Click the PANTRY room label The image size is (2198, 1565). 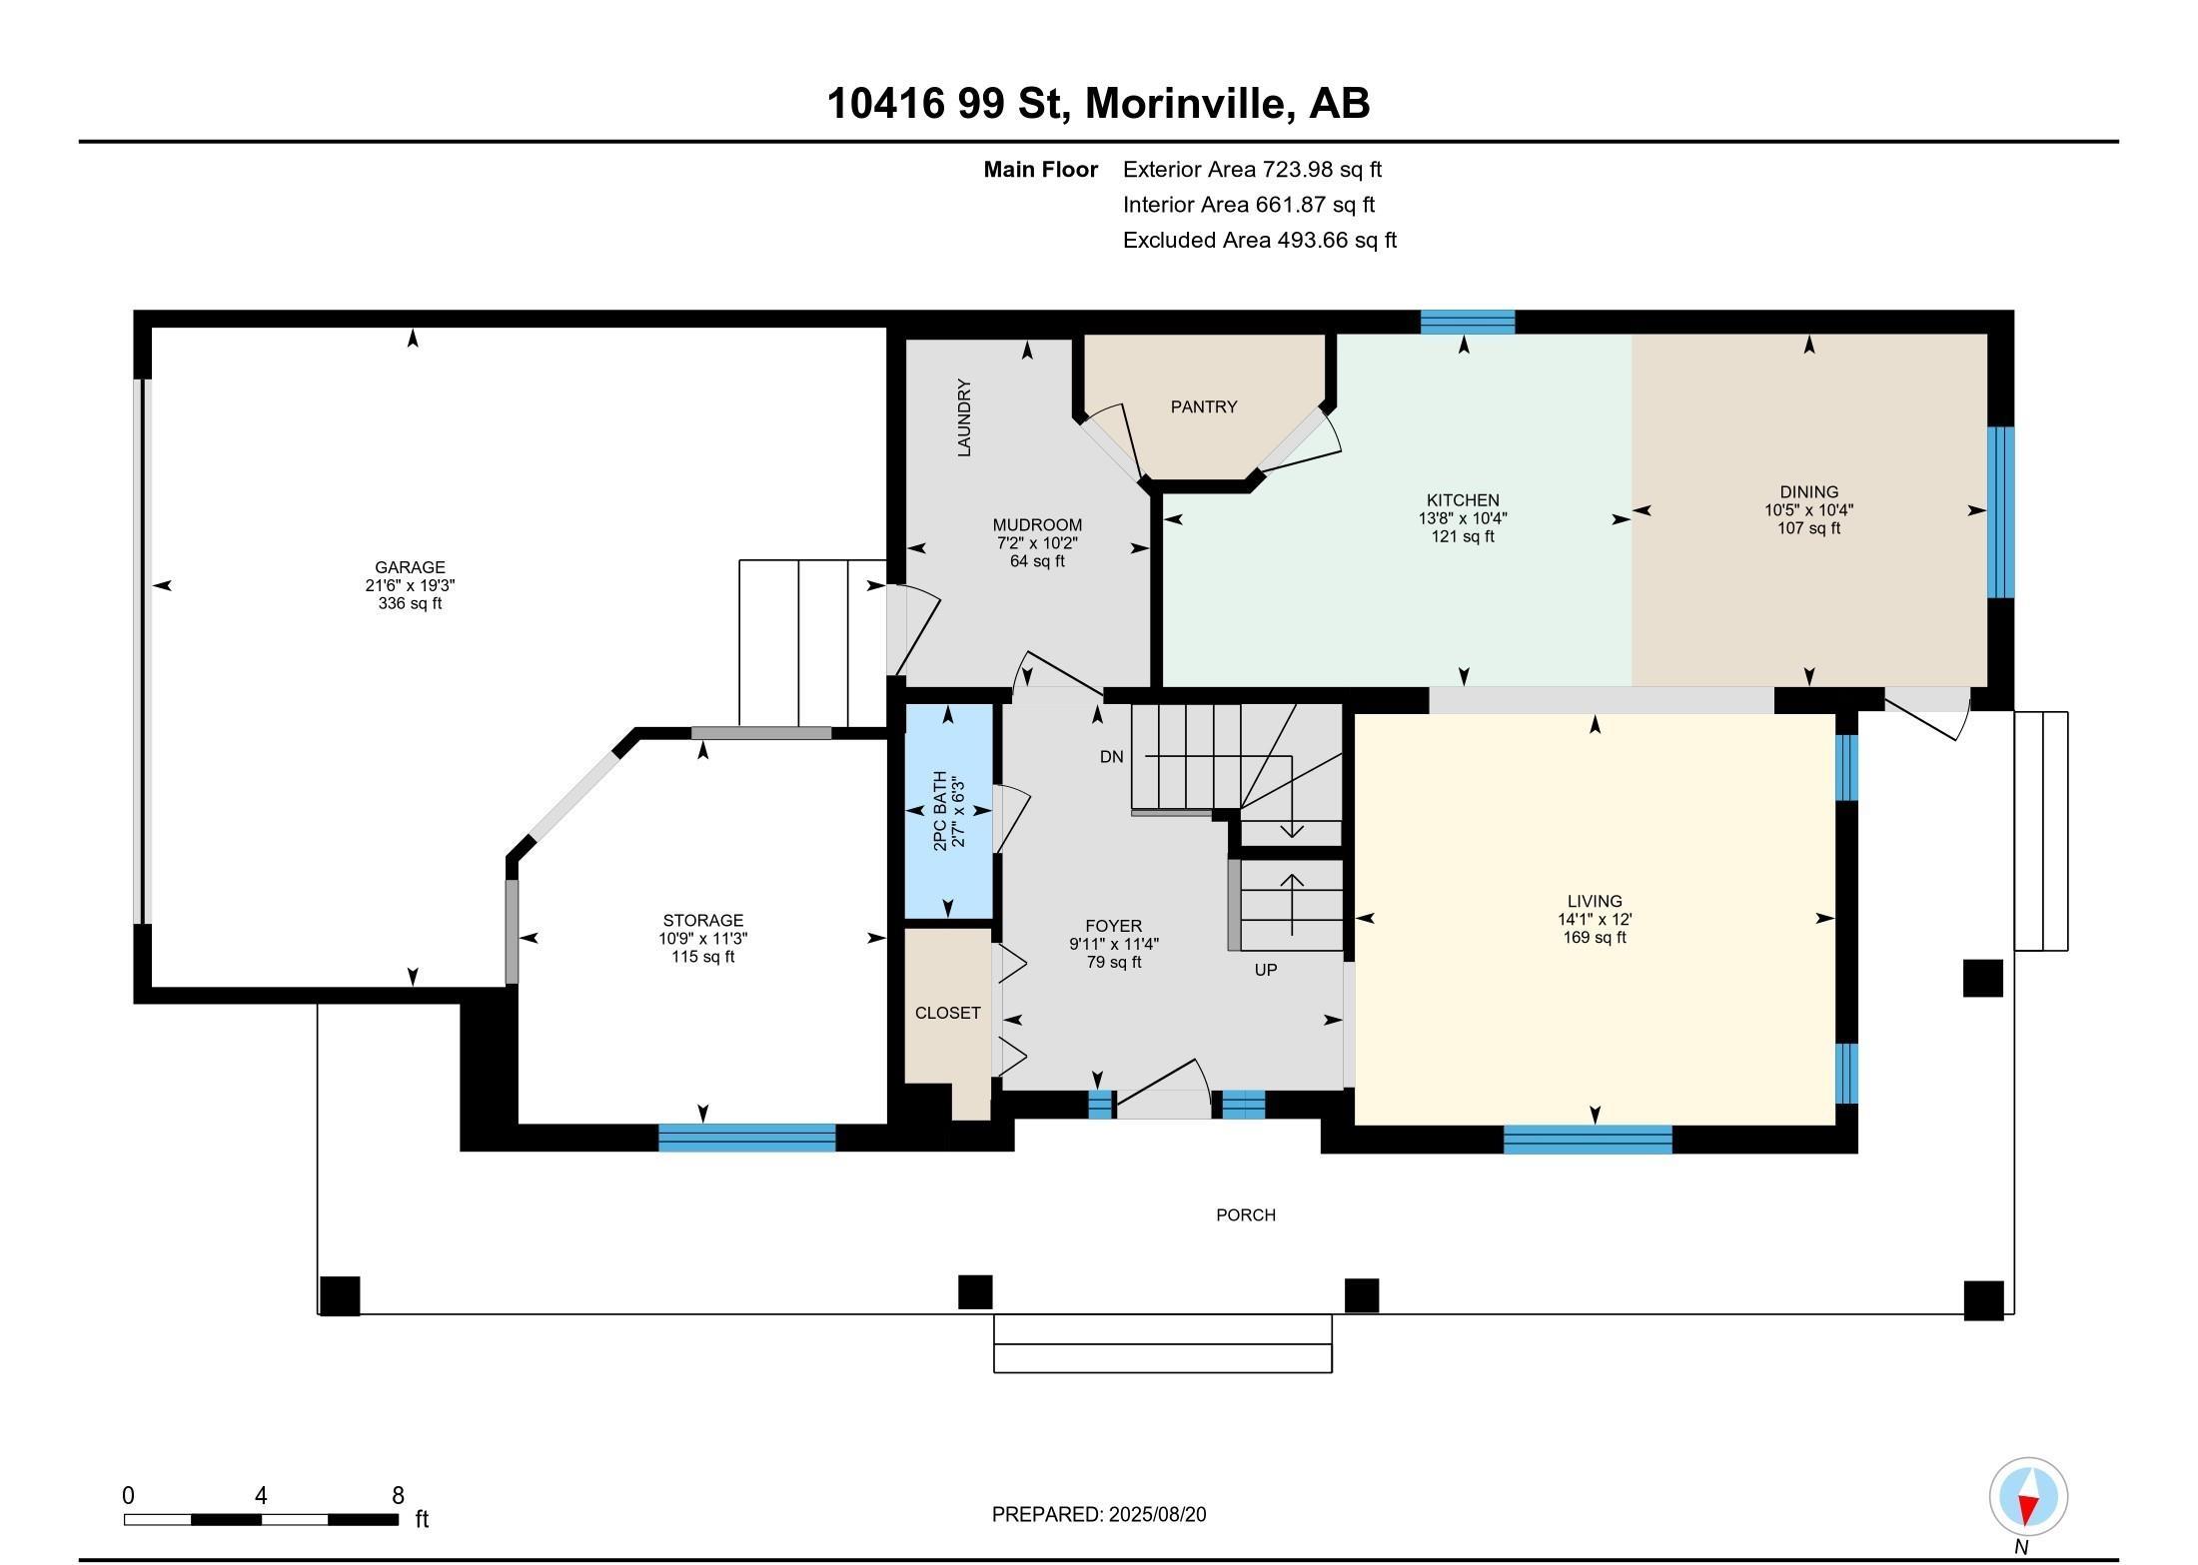tap(1203, 406)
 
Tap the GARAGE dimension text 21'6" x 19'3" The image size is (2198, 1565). tap(410, 586)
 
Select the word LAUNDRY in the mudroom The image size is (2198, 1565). tap(964, 417)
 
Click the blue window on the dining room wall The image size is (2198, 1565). tap(1999, 511)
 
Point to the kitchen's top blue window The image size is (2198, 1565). tap(1467, 322)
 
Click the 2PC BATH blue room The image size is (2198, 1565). tap(947, 811)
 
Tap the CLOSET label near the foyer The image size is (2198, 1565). tap(947, 1013)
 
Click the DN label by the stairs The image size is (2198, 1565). tap(1111, 757)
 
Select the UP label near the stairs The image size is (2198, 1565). tap(1265, 970)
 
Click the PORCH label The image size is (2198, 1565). tap(1245, 1215)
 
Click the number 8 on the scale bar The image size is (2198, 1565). tap(398, 1495)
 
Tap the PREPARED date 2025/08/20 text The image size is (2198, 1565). tap(1098, 1515)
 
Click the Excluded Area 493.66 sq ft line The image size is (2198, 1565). tap(1259, 240)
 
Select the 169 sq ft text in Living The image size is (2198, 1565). tap(1594, 938)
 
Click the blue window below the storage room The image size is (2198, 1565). tap(746, 1138)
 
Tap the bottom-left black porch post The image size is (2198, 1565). tap(339, 1295)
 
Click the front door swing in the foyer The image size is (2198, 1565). tap(1164, 1088)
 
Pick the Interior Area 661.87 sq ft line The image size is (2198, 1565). tap(1248, 205)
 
